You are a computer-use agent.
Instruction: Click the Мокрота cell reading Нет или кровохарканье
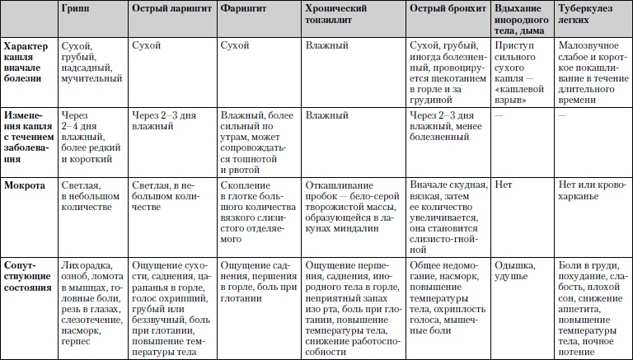(x=591, y=191)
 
